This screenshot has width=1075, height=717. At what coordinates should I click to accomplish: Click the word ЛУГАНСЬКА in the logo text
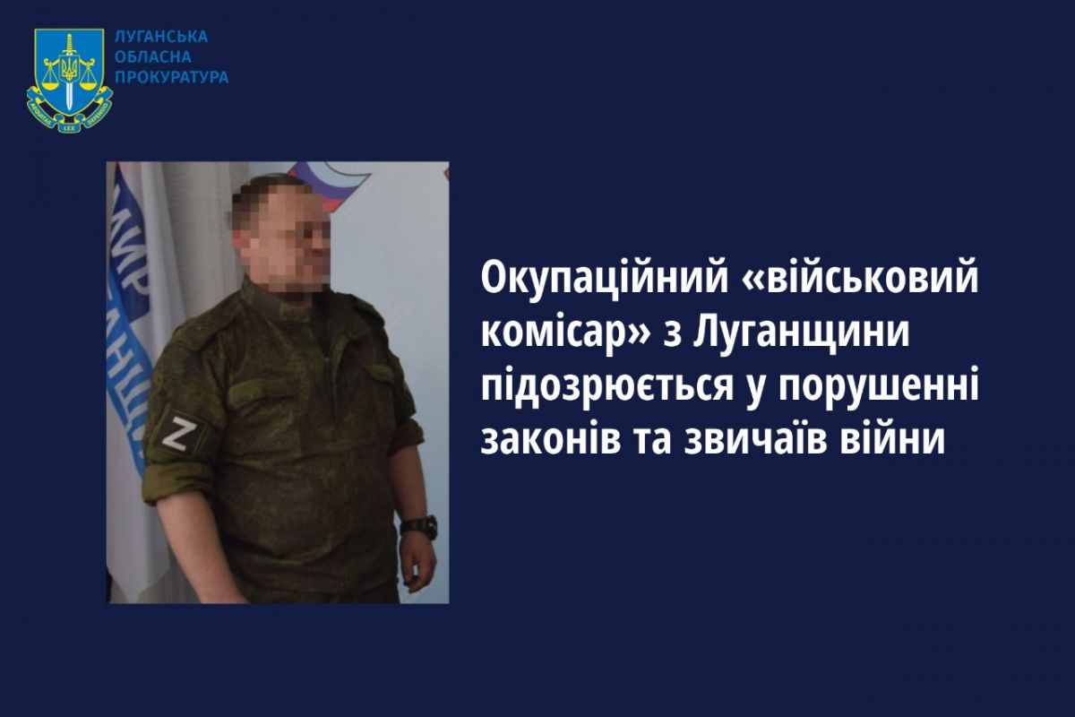(161, 37)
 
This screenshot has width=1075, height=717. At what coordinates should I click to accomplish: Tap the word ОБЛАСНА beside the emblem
(153, 57)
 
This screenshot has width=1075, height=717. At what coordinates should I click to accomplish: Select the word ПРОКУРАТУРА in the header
(172, 77)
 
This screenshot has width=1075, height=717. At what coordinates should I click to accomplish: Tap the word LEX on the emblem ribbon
(70, 126)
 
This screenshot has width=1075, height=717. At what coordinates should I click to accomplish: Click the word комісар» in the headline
(565, 333)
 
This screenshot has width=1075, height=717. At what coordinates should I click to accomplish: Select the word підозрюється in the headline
(607, 389)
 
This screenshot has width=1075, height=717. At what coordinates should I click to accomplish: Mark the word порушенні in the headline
(879, 389)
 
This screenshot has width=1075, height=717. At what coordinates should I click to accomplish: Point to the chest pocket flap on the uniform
(262, 385)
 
